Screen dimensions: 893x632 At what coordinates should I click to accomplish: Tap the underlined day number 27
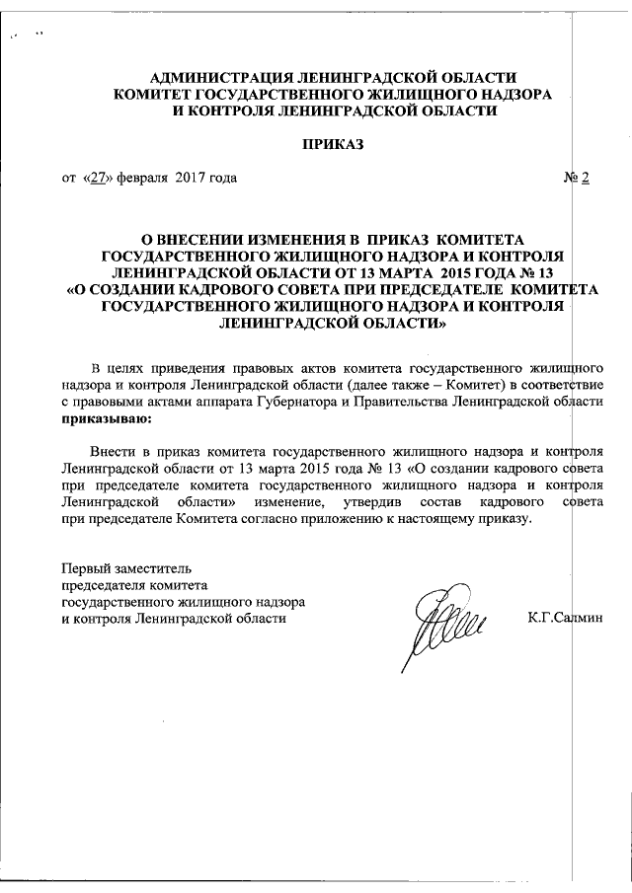[95, 179]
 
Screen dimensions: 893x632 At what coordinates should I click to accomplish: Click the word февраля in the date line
[143, 179]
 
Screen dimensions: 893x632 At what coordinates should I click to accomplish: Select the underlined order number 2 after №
[585, 179]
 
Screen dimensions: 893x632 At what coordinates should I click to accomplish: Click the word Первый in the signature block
[84, 568]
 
